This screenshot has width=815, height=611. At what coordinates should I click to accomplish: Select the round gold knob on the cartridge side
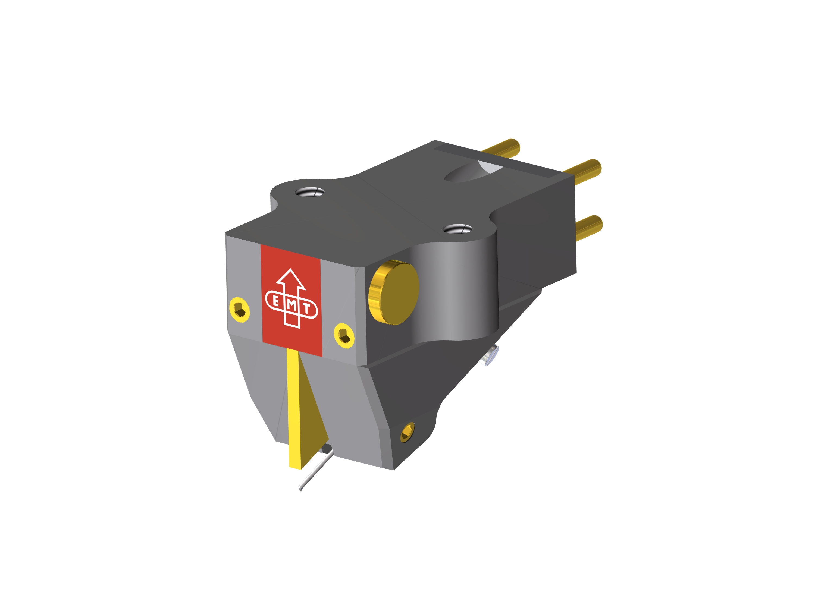[393, 293]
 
